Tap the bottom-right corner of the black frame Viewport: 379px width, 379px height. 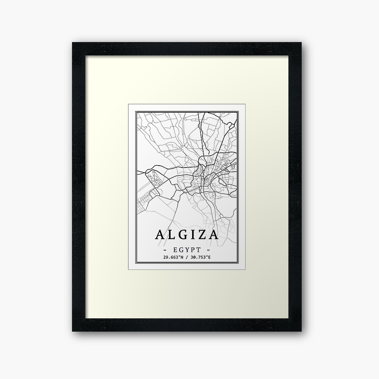(x=301, y=330)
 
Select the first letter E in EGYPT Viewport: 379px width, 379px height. (x=174, y=251)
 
